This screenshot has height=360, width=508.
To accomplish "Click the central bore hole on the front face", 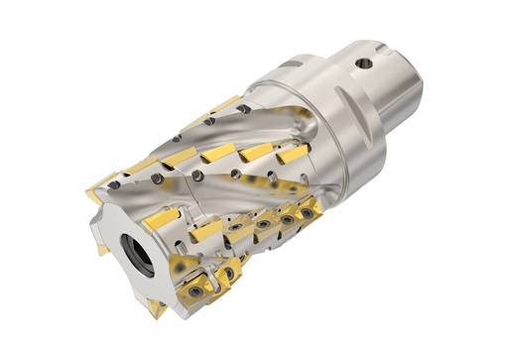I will click(x=139, y=252).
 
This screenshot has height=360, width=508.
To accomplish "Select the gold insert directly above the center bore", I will click(x=161, y=218).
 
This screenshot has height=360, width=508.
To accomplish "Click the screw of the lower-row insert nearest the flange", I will click(x=309, y=212).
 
